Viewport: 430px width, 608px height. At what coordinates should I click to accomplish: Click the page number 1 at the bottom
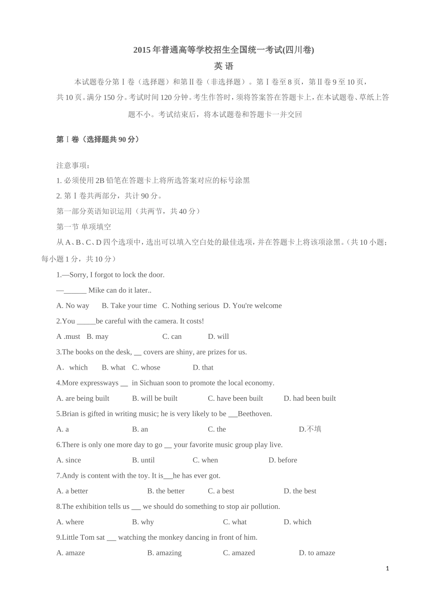[387, 569]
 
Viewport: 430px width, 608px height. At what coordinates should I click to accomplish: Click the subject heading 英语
[224, 66]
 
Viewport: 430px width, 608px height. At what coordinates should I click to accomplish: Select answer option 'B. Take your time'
[129, 306]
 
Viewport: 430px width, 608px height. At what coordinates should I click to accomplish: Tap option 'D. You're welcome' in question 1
[252, 306]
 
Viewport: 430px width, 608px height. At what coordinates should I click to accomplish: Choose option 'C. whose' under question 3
[146, 367]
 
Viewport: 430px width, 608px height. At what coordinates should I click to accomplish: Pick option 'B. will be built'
[155, 398]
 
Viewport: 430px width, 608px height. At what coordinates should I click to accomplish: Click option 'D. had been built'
[310, 398]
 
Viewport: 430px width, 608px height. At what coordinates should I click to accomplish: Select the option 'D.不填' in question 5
[310, 429]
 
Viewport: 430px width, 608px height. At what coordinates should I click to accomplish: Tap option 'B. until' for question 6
[143, 460]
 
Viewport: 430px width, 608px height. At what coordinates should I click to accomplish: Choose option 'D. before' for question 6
[283, 460]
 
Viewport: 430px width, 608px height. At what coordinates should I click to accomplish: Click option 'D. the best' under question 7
[300, 491]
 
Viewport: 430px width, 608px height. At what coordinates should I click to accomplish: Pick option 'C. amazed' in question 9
[239, 553]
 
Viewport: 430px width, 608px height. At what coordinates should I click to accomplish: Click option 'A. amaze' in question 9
[71, 553]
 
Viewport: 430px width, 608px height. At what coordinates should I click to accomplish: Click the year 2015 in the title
[142, 50]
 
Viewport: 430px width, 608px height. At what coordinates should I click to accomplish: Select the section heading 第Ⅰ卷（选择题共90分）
[98, 139]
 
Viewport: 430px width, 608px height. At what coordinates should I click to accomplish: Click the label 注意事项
[73, 165]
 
